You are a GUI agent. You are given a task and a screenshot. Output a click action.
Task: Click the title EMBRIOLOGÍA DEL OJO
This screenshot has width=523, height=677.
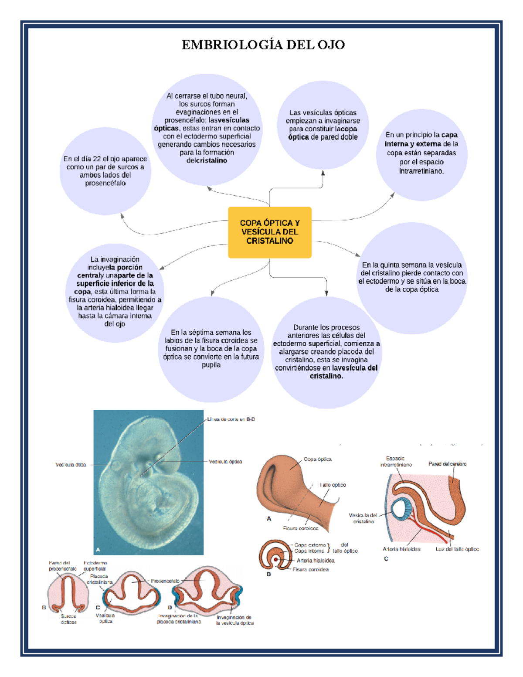[263, 44]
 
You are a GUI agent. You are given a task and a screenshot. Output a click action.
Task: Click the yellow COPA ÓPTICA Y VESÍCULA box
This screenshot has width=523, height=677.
[269, 232]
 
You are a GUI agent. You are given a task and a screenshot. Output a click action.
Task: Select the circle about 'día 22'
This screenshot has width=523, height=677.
[105, 171]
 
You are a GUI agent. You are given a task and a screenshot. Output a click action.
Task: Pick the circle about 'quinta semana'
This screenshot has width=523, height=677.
[411, 277]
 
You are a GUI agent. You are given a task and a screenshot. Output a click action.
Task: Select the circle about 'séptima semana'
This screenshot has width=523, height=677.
[211, 348]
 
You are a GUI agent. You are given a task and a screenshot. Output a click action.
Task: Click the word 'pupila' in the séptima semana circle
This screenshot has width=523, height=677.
[211, 365]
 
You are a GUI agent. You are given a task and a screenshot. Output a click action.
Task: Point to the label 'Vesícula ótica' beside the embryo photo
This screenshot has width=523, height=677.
[71, 465]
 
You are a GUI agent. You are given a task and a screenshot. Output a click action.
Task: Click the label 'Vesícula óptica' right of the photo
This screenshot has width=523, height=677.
[225, 461]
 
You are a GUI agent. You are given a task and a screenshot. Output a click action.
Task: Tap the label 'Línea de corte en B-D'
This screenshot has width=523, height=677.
[231, 419]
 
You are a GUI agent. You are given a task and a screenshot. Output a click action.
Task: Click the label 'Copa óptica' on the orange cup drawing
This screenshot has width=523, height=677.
[317, 459]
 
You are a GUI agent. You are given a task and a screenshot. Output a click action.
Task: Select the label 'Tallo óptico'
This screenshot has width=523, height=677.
[333, 485]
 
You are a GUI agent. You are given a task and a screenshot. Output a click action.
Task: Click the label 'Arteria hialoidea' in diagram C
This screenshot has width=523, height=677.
[401, 549]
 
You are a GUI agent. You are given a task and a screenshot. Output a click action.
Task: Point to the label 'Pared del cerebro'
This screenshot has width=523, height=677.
[447, 464]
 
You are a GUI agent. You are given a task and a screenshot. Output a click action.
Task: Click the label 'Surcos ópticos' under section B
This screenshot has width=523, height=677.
[68, 619]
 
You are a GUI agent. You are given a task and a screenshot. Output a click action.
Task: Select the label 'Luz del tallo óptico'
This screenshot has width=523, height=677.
[457, 549]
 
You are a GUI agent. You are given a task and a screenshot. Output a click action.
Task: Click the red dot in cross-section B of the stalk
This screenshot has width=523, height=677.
[276, 559]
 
